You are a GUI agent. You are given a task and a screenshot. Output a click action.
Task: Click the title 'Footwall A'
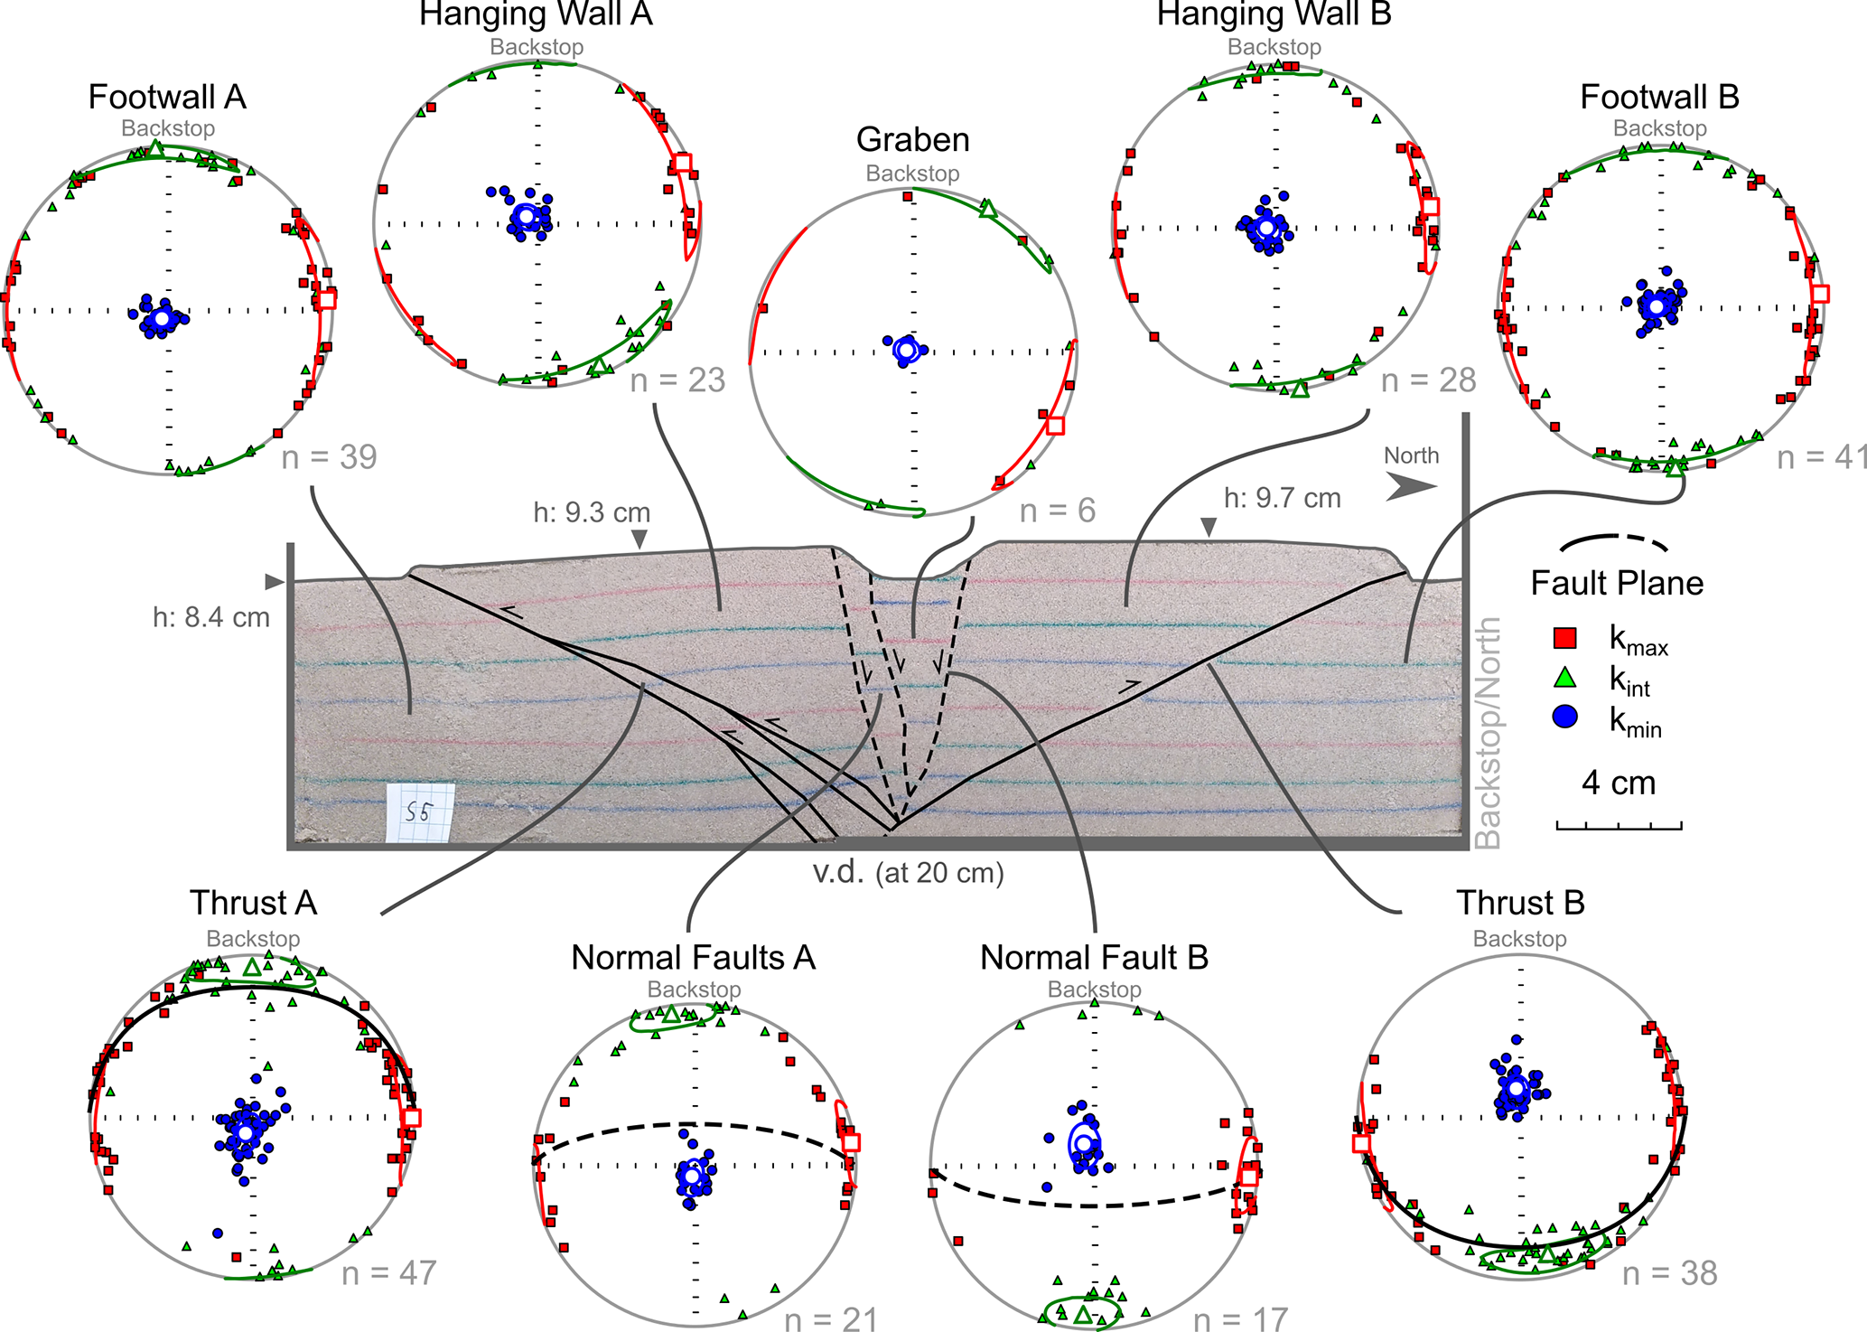point(167,98)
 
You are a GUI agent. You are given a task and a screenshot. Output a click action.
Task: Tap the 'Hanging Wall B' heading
point(1274,14)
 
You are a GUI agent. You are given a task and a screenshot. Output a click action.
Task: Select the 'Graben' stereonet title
point(912,140)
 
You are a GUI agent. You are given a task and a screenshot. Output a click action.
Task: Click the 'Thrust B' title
point(1520,903)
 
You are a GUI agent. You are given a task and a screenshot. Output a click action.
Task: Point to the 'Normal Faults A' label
point(693,958)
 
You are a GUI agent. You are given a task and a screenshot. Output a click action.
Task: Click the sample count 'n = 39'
point(329,457)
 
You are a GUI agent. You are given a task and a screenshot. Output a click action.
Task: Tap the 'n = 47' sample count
point(389,1273)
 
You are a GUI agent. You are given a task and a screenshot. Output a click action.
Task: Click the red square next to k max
point(1564,638)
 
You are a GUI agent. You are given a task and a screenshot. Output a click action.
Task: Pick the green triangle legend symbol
point(1564,678)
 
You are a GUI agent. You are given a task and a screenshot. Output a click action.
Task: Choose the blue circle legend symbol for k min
point(1564,718)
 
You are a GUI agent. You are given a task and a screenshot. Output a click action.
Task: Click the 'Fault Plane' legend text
point(1617,584)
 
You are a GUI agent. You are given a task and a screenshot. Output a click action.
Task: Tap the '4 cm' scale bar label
point(1619,783)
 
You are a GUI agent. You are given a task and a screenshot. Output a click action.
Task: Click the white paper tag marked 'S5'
point(420,812)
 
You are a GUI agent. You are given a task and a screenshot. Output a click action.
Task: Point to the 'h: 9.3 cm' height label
point(592,513)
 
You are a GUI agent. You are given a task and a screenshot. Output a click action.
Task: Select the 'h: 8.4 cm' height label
point(211,618)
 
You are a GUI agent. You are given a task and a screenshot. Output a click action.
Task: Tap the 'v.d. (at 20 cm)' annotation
point(908,873)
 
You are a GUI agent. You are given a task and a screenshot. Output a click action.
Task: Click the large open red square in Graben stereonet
point(1054,426)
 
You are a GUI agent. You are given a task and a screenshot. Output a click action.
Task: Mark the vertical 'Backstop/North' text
point(1487,732)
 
